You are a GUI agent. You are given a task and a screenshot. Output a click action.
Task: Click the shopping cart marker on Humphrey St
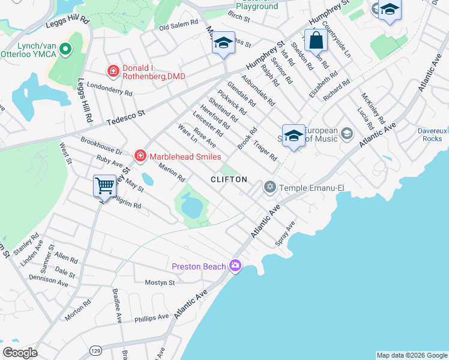[x=104, y=185]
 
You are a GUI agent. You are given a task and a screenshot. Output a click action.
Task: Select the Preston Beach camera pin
[x=235, y=266]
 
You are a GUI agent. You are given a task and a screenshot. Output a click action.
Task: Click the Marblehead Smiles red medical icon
[x=140, y=156]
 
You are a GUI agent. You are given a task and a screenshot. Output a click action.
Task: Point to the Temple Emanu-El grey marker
[x=270, y=188]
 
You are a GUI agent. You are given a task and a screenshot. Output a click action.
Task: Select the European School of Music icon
[x=346, y=133]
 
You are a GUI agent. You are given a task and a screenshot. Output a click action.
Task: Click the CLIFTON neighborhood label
[x=229, y=179]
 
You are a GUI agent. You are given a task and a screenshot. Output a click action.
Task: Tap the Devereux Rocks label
[x=431, y=134]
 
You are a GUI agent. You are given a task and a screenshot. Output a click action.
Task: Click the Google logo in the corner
[x=20, y=353]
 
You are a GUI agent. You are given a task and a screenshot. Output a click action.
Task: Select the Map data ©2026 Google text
[x=411, y=355]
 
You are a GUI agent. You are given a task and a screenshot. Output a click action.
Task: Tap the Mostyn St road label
[x=160, y=282]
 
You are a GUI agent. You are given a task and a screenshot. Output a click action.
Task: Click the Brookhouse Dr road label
[x=101, y=147]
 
